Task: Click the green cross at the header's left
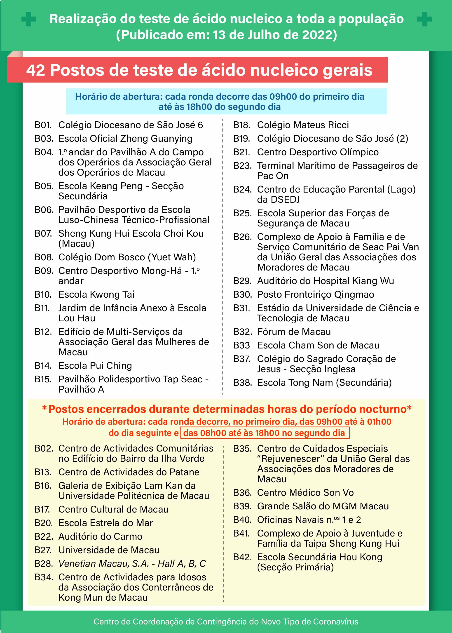coord(29,19)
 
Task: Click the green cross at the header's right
coord(424,19)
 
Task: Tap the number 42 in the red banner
coord(36,70)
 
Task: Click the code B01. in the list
coord(43,125)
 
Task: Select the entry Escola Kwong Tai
coord(96,294)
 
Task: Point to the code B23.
coord(242,166)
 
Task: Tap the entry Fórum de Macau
coord(294,332)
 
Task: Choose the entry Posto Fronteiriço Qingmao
coord(315,294)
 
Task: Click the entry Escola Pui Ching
coord(95,366)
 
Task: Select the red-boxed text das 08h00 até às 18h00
coord(265,433)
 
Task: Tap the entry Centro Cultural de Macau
coord(113,509)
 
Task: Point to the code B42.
coord(242,557)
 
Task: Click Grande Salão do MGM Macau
coord(323,506)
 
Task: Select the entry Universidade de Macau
coord(109,550)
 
